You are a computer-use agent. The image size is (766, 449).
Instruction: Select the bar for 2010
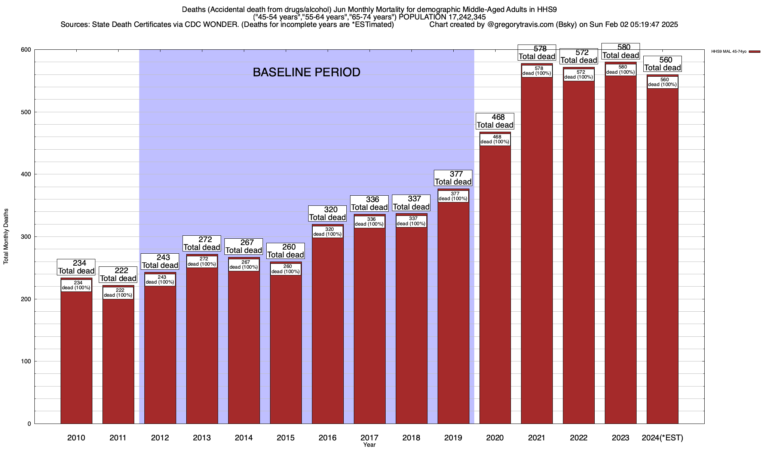tap(76, 355)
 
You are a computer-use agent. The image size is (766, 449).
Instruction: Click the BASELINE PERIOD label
tap(306, 72)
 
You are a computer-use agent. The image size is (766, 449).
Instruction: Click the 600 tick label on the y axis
tap(27, 50)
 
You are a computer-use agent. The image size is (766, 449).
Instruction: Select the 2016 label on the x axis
tap(327, 438)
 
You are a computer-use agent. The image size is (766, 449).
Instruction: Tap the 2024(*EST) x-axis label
tap(662, 438)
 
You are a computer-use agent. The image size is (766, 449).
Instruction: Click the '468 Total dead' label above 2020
tap(495, 121)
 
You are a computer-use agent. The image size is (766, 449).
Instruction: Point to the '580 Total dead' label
tap(621, 51)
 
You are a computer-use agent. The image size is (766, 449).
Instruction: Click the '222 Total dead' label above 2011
tap(118, 274)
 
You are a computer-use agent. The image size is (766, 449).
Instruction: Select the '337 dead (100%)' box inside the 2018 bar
tap(411, 221)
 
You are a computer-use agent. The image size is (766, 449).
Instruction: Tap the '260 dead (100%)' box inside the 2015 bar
tap(286, 269)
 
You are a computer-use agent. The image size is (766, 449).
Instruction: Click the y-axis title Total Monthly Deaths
tap(6, 236)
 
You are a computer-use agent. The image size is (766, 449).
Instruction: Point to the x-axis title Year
tap(369, 445)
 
